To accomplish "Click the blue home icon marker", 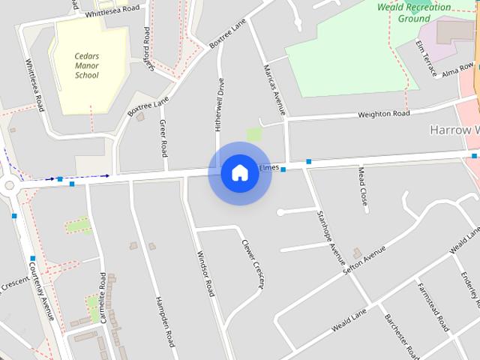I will coord(239,172).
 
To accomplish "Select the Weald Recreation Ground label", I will coord(415,13).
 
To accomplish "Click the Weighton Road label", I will coord(384,114).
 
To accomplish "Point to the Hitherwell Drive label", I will coord(220,104).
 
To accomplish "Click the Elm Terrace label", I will coord(425,59).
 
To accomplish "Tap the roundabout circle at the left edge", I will coord(9,184).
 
